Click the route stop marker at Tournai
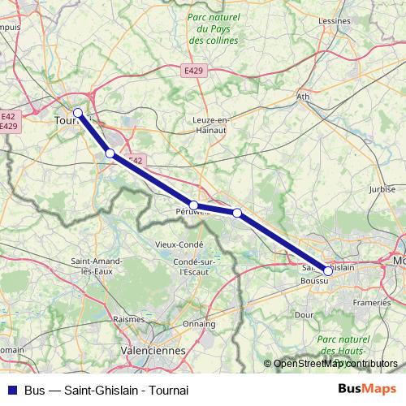tap(78, 113)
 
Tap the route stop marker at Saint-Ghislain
tap(328, 271)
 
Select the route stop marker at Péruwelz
tap(194, 205)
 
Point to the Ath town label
tap(304, 97)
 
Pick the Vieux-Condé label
tap(180, 244)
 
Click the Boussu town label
tap(313, 281)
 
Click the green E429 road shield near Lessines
tap(192, 71)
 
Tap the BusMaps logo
tap(361, 389)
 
